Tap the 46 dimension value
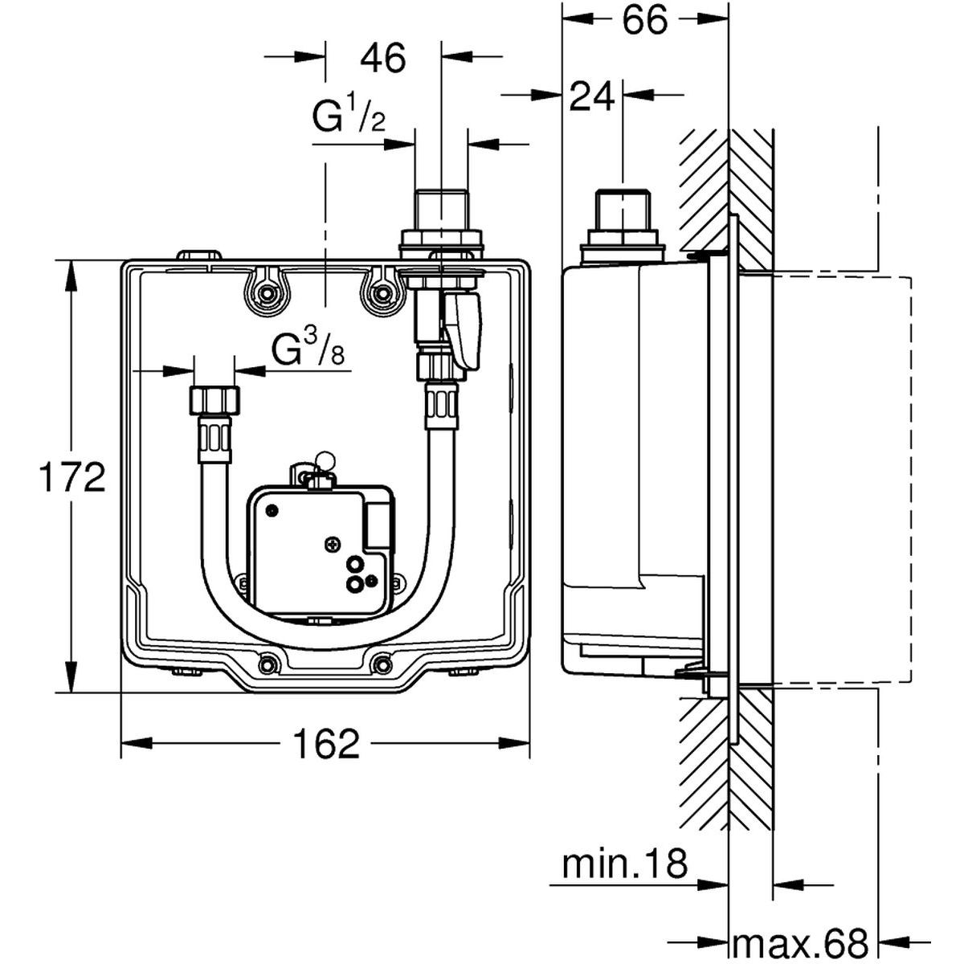(383, 58)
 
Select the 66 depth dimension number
(645, 22)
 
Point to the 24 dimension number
(592, 97)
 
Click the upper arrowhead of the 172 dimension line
(72, 268)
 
